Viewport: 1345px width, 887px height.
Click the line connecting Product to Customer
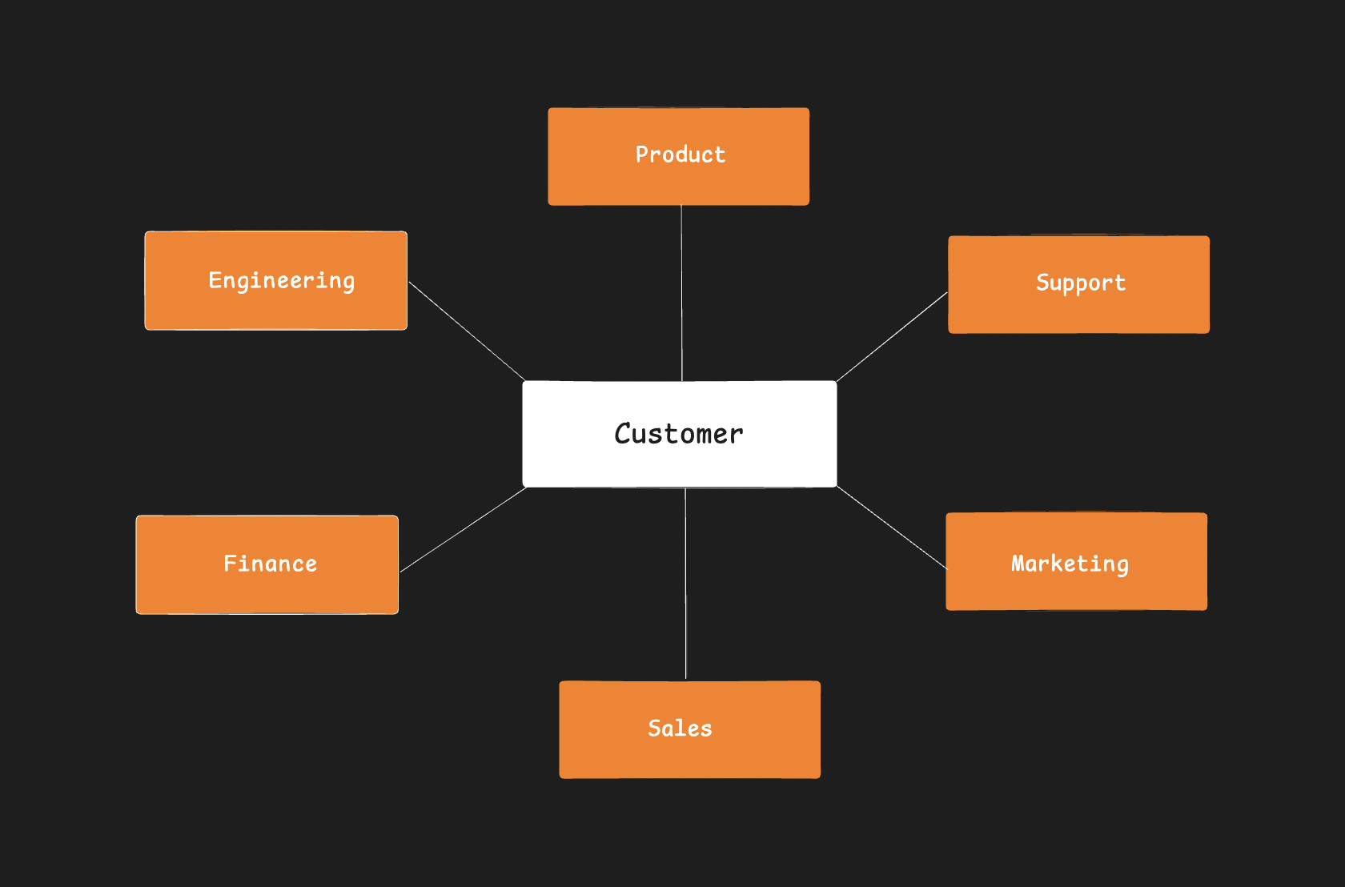click(681, 293)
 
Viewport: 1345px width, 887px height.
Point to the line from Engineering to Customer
click(467, 331)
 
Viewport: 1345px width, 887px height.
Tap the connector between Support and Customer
click(892, 336)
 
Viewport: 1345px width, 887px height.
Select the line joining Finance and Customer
click(463, 530)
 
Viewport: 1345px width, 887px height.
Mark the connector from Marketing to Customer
click(891, 528)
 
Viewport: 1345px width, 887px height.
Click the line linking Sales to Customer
click(685, 584)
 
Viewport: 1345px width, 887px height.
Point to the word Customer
click(679, 433)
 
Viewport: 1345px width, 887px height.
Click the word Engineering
click(281, 280)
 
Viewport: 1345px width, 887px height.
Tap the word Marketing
click(1070, 564)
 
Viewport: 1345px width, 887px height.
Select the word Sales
click(680, 728)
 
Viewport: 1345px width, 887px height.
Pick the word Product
click(681, 155)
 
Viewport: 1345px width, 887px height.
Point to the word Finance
click(270, 564)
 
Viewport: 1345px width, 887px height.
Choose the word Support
click(1081, 283)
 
